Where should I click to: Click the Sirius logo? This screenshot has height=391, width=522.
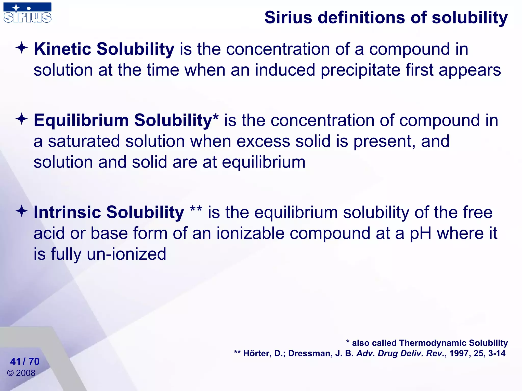(x=27, y=13)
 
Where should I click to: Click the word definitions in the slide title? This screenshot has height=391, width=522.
(x=359, y=18)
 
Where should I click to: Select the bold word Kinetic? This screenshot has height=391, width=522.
(x=62, y=49)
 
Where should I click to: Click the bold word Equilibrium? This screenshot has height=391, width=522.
(x=81, y=120)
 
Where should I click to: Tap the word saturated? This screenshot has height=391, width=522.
(x=84, y=141)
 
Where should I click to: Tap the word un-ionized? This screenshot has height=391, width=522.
(x=126, y=254)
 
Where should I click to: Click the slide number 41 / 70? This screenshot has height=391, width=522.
(x=25, y=361)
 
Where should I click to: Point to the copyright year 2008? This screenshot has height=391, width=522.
(x=25, y=373)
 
